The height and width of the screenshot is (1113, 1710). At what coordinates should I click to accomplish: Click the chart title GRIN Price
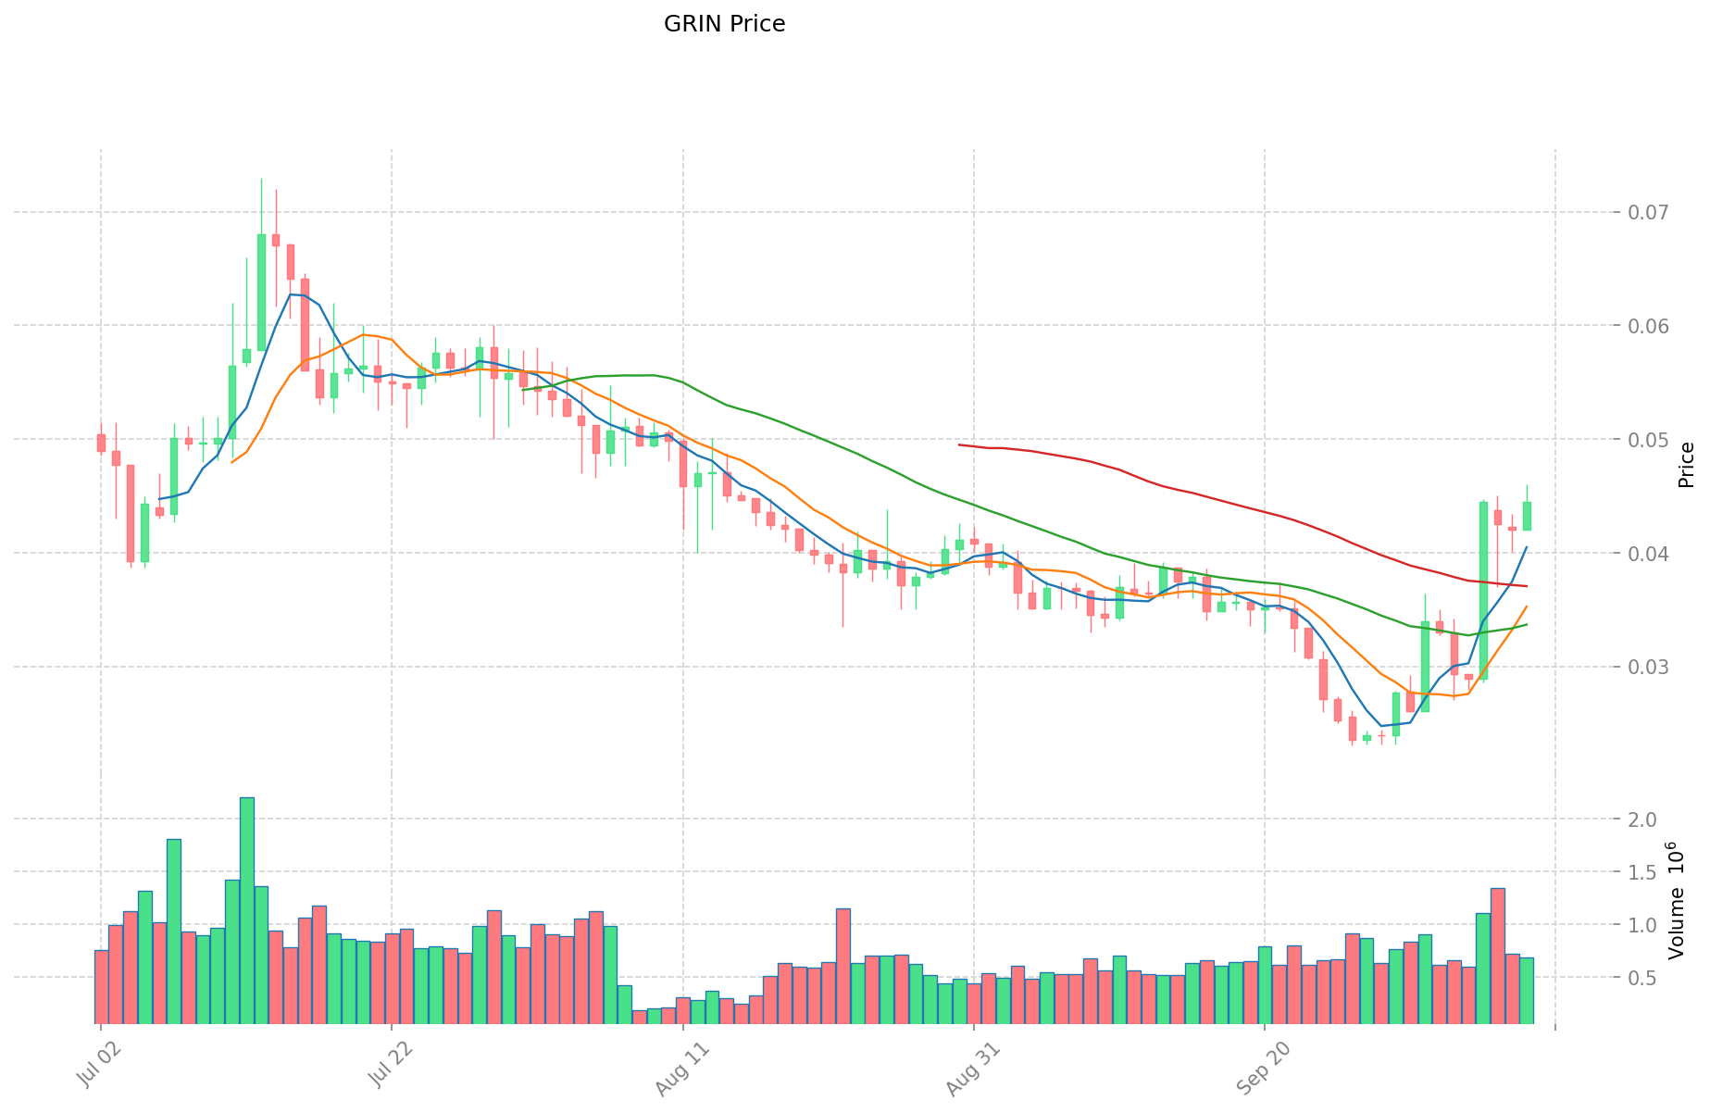coord(724,24)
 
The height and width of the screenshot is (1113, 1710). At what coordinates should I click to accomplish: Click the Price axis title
coord(1686,465)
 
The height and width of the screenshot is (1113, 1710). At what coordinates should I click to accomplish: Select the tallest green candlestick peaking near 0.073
coord(261,292)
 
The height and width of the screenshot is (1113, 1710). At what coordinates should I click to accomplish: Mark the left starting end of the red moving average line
coord(959,444)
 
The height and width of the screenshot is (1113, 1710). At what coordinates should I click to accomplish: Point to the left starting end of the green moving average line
coord(523,390)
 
